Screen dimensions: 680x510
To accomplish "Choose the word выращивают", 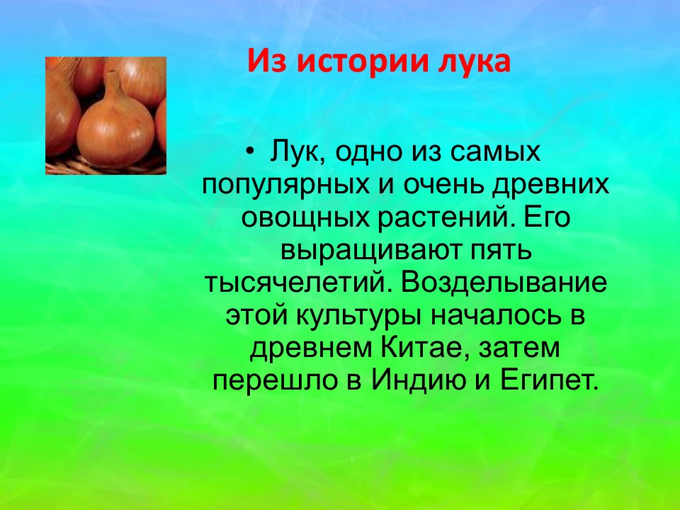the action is (x=372, y=250).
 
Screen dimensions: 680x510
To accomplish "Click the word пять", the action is (x=501, y=250).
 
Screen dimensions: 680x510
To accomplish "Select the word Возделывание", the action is (x=504, y=283).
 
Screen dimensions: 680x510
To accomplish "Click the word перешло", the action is (x=275, y=380).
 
